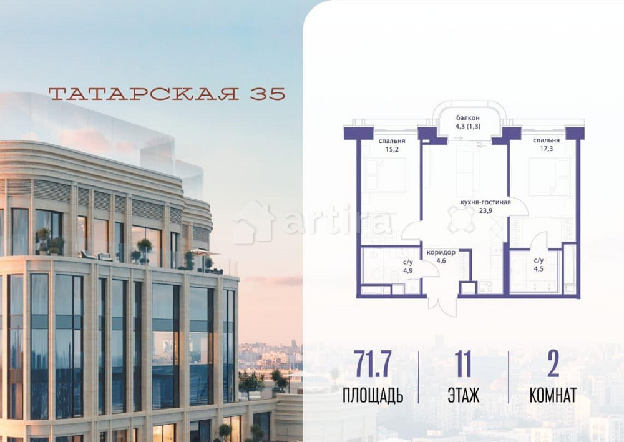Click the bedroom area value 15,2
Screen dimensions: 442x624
click(x=391, y=150)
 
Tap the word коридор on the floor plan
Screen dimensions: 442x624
click(x=441, y=252)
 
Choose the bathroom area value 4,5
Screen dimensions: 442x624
click(x=538, y=270)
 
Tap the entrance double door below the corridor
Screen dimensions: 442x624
click(x=442, y=305)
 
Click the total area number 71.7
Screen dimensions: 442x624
click(x=373, y=366)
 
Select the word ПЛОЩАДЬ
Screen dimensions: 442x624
click(x=373, y=395)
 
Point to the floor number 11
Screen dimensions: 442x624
click(x=463, y=366)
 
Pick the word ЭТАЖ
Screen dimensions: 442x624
click(x=463, y=395)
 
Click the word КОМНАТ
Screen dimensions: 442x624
click(x=552, y=395)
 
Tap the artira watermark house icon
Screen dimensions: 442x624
click(x=254, y=222)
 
